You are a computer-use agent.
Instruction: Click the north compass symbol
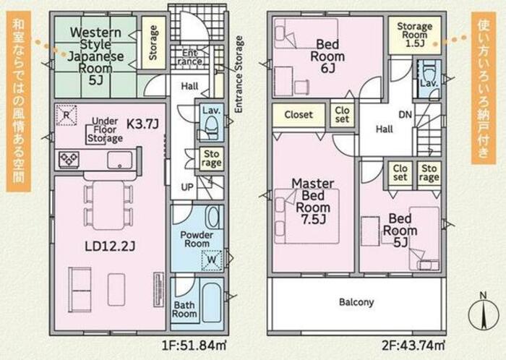click(x=483, y=313)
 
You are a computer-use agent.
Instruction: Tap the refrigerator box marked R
click(x=67, y=115)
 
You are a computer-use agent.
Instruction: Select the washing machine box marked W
click(x=212, y=260)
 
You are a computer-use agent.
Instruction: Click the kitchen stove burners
click(x=69, y=160)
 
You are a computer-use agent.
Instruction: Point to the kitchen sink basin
click(x=120, y=160)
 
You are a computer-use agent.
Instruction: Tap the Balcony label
click(x=356, y=302)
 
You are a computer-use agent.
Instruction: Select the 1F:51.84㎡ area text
click(x=194, y=346)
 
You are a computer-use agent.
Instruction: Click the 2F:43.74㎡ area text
click(x=413, y=346)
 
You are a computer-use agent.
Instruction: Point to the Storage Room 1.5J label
click(x=414, y=35)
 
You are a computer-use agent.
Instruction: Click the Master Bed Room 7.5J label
click(x=313, y=201)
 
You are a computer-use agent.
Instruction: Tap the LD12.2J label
click(x=110, y=247)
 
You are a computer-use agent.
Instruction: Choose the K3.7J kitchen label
click(x=142, y=124)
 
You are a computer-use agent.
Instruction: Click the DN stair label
click(x=406, y=114)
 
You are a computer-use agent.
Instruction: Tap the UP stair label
click(x=187, y=187)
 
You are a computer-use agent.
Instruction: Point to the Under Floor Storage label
click(x=105, y=129)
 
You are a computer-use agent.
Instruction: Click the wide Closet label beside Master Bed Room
click(x=299, y=114)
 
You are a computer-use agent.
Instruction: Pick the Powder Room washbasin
click(x=212, y=218)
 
